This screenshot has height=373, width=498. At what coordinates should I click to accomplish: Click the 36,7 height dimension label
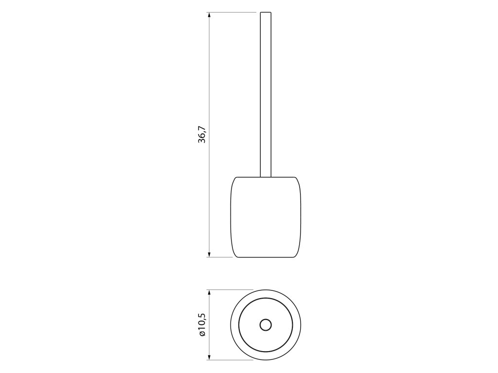tap(202, 135)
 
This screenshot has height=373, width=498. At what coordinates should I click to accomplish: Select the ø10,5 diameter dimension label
tap(202, 324)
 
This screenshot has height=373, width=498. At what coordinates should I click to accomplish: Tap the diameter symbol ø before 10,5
tap(202, 333)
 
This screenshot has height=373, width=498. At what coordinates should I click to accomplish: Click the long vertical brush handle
tap(266, 95)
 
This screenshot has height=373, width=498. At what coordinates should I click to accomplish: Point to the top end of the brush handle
tap(266, 12)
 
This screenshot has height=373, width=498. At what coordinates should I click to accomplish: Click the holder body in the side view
tap(266, 217)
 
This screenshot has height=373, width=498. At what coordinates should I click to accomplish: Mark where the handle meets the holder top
tap(266, 177)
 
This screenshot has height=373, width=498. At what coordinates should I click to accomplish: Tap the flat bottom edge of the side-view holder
tap(266, 257)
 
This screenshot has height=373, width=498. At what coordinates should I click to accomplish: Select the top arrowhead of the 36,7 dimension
tap(209, 15)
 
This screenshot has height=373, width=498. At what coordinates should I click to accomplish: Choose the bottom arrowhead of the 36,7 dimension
tap(209, 254)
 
